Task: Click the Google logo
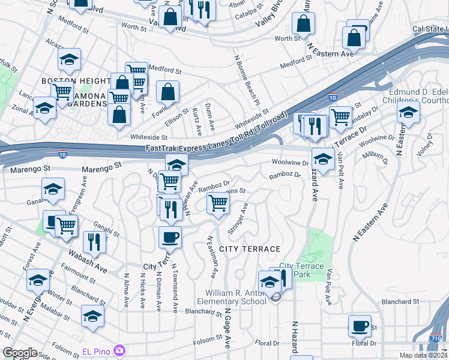(20, 353)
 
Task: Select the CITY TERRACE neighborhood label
(250, 248)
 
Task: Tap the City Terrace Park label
(301, 270)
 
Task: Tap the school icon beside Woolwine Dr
(323, 159)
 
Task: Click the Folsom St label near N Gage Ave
(208, 340)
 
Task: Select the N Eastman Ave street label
(212, 256)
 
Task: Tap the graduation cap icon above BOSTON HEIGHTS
(69, 59)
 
